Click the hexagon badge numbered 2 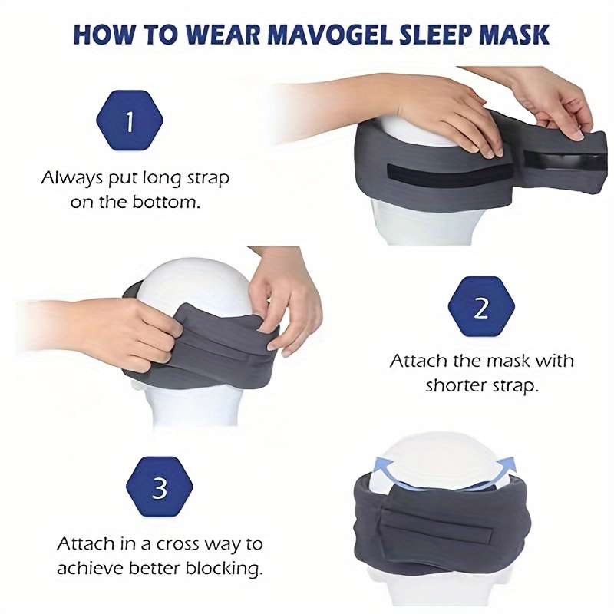tap(481, 308)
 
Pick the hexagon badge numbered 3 tap(160, 488)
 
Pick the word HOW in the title tap(98, 35)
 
